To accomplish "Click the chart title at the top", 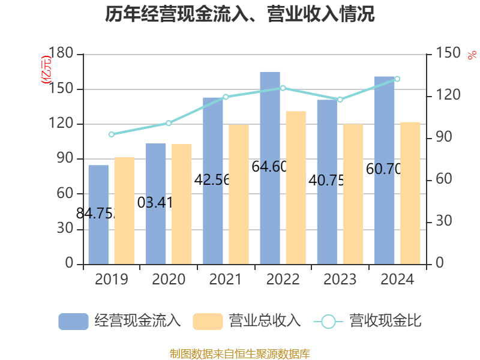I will pyautogui.click(x=240, y=15).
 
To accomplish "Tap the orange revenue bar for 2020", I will pyautogui.click(x=182, y=204).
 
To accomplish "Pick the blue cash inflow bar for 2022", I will pyautogui.click(x=270, y=168).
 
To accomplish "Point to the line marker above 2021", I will pyautogui.click(x=226, y=97).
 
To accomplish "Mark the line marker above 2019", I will pyautogui.click(x=112, y=134).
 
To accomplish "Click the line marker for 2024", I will pyautogui.click(x=397, y=79).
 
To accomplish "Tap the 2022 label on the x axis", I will pyautogui.click(x=283, y=280).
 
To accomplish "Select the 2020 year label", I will pyautogui.click(x=169, y=280).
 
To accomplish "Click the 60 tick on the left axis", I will pyautogui.click(x=65, y=194).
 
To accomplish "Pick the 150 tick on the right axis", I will pyautogui.click(x=445, y=54).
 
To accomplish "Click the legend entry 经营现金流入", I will pyautogui.click(x=120, y=321).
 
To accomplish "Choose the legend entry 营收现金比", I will pyautogui.click(x=368, y=321).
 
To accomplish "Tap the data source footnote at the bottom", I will pyautogui.click(x=240, y=353).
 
